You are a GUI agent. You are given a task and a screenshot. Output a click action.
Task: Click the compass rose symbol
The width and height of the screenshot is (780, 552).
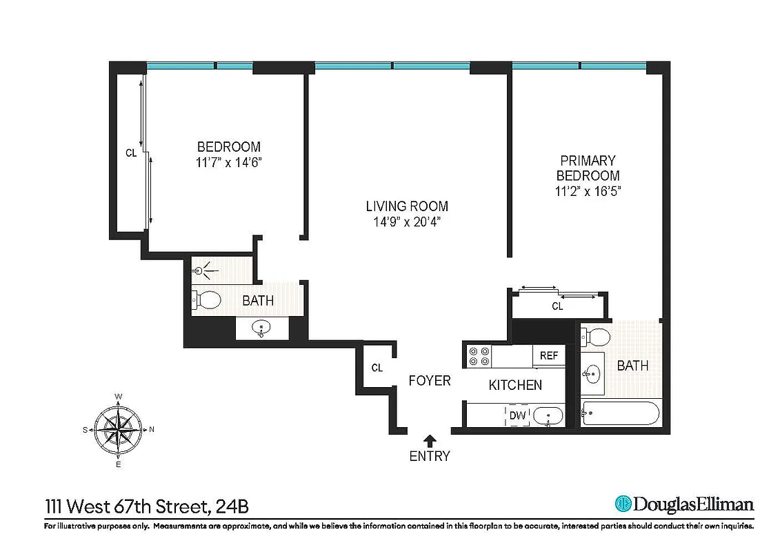119,429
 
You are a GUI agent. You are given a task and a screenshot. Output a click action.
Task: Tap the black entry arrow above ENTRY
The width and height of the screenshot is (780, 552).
430,440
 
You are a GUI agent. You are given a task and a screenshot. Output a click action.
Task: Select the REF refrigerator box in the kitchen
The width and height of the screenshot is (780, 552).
548,356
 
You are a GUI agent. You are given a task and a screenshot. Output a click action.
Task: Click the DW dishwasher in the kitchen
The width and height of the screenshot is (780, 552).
517,415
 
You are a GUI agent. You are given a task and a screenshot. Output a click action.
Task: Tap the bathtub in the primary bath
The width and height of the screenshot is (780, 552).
620,413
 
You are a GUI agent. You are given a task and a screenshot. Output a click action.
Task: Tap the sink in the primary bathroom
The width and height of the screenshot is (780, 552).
592,375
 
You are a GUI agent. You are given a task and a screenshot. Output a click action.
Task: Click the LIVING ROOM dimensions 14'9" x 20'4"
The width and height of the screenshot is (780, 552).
407,221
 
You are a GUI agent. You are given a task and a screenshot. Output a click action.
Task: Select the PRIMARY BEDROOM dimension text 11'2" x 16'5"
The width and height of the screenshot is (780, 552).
588,191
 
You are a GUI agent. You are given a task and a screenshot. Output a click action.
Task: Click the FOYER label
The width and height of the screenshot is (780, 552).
430,381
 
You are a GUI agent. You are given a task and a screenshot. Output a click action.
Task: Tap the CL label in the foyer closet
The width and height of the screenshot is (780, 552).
377,368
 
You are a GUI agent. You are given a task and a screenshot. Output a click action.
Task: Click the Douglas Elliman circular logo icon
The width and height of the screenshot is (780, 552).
623,504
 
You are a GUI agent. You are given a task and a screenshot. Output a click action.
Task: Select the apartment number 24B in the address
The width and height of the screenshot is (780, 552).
231,507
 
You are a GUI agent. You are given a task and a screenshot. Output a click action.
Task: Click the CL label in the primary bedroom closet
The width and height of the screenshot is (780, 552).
557,306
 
